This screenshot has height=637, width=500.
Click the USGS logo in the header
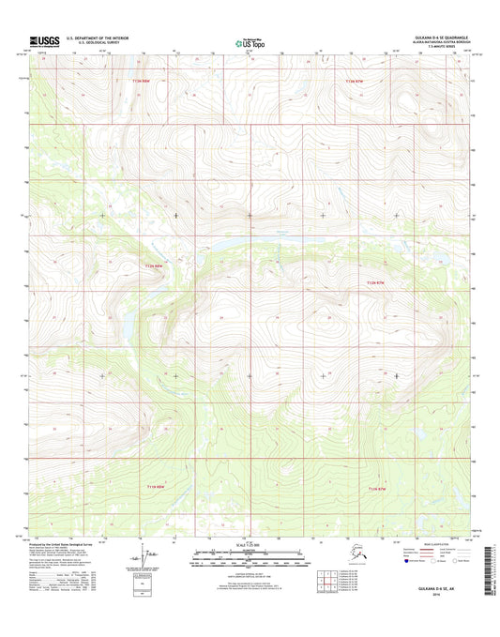click(x=45, y=40)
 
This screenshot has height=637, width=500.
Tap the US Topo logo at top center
click(x=249, y=41)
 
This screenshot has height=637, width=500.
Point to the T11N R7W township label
click(x=378, y=489)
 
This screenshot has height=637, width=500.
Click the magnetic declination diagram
click(x=149, y=563)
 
